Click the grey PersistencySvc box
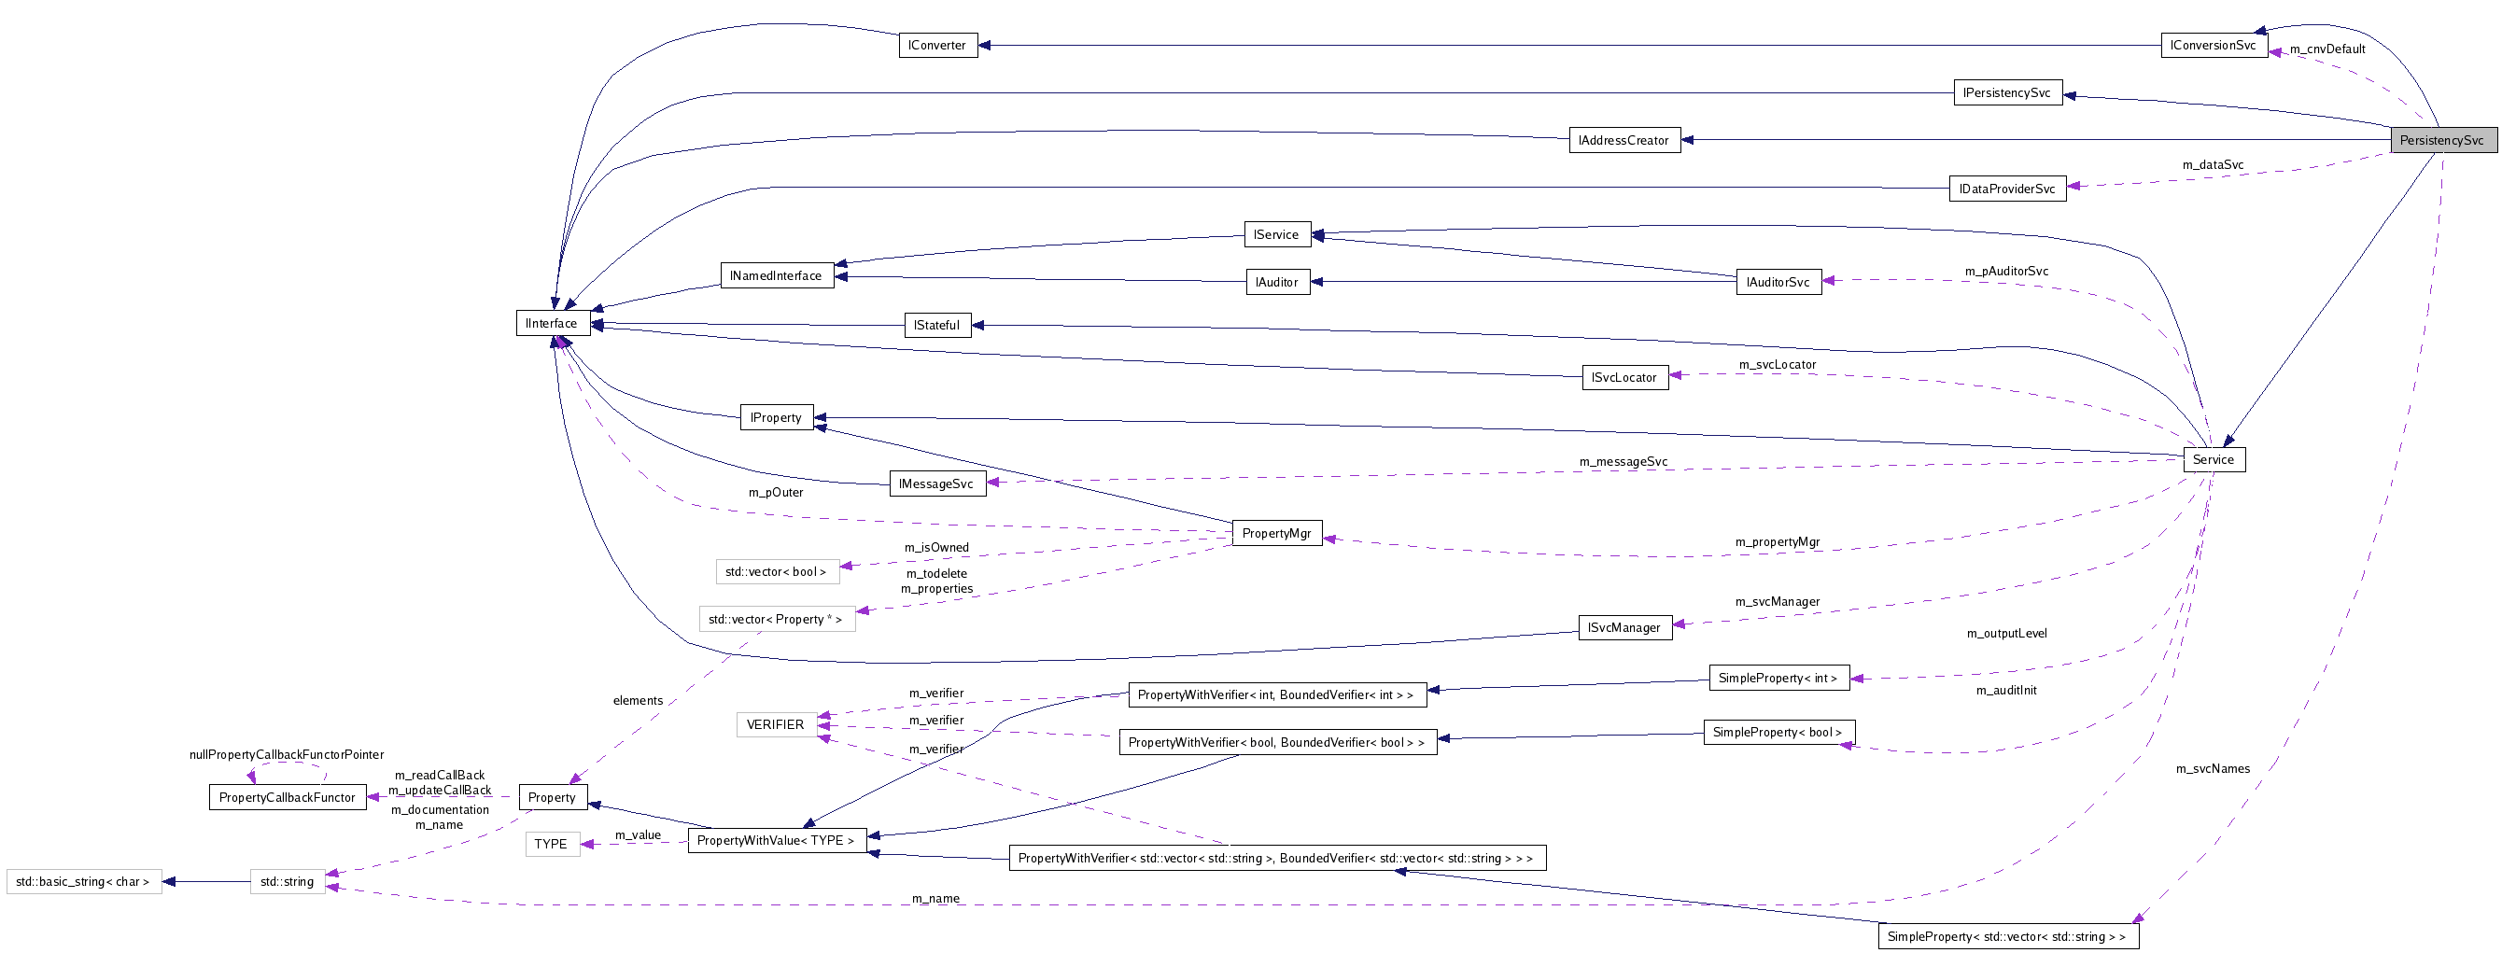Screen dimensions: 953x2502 (x=2440, y=140)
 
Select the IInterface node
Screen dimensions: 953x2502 (x=552, y=324)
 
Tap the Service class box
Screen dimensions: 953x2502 (x=2213, y=459)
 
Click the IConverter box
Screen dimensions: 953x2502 (x=936, y=45)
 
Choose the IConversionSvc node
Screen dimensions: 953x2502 (x=2213, y=45)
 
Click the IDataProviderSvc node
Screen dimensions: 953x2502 (x=2005, y=189)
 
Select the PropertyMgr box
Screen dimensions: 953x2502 (x=1275, y=532)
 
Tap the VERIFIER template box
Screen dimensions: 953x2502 (x=775, y=724)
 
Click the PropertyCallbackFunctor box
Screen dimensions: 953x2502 (x=287, y=797)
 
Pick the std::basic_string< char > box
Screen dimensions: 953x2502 (x=82, y=882)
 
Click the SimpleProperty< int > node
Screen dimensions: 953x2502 (x=1778, y=678)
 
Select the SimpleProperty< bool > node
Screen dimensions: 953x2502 (x=1778, y=732)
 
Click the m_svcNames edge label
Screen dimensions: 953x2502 (x=2213, y=768)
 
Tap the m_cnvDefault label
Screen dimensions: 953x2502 (x=2327, y=49)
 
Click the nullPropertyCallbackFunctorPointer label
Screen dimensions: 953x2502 (x=287, y=755)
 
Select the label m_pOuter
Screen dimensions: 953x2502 (x=775, y=493)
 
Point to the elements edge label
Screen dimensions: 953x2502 (x=637, y=700)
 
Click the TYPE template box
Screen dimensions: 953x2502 (x=551, y=844)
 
